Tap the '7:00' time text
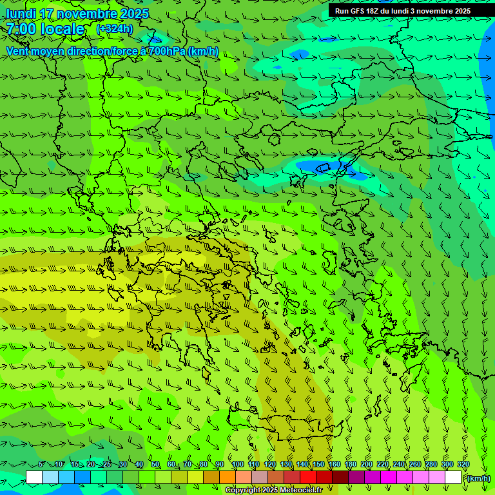(21, 29)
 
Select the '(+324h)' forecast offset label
(114, 28)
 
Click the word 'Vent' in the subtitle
(19, 51)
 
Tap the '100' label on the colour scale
(238, 465)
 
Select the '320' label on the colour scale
(463, 465)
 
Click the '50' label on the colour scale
(155, 465)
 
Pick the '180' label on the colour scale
(350, 465)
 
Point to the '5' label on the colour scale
(41, 465)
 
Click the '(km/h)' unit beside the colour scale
(478, 478)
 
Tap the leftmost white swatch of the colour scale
(34, 478)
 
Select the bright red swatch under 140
(308, 478)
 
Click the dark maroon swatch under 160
(340, 478)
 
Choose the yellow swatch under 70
(195, 478)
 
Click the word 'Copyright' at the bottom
(242, 490)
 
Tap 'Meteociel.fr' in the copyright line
(300, 490)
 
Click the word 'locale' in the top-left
(63, 29)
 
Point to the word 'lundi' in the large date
(21, 14)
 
